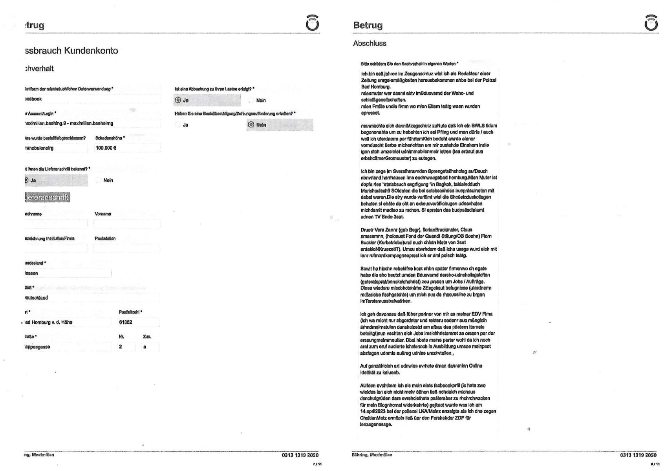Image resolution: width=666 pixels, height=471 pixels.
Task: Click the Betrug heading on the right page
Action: [368, 26]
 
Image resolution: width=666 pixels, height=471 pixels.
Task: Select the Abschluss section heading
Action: [370, 44]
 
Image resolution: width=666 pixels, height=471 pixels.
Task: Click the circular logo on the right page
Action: [651, 24]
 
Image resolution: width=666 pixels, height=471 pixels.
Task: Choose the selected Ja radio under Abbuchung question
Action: [178, 100]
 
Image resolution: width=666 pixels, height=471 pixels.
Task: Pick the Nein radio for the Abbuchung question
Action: [251, 101]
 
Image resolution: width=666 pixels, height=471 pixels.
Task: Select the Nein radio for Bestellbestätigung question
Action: [251, 125]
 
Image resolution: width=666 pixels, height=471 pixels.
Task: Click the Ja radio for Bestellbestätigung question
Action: [178, 125]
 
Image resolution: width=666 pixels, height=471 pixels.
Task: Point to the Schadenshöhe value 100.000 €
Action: [106, 148]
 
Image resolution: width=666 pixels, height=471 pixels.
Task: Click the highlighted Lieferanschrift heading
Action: [47, 197]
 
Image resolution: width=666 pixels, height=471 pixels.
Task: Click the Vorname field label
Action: [103, 214]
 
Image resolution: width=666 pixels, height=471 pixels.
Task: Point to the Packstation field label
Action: [105, 238]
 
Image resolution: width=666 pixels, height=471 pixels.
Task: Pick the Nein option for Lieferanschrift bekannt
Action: [99, 180]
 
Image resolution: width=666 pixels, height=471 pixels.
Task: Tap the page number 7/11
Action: [317, 464]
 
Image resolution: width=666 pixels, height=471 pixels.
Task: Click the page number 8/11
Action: [655, 464]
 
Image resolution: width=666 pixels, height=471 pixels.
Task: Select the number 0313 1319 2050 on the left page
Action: [300, 455]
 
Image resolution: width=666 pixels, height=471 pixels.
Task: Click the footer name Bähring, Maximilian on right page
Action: [372, 455]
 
